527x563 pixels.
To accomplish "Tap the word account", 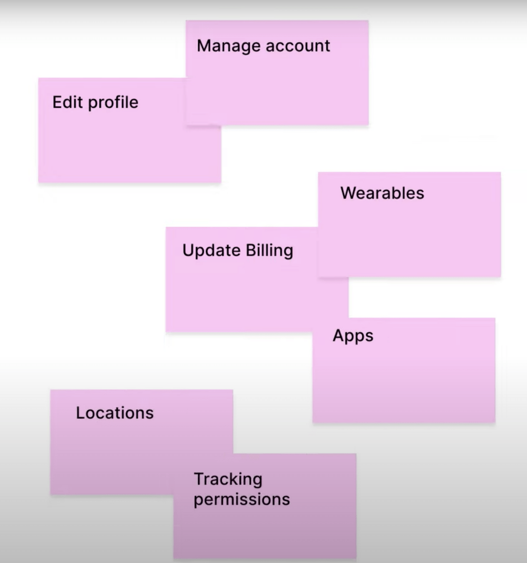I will pyautogui.click(x=298, y=46).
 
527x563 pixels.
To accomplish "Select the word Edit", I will pyautogui.click(x=67, y=102).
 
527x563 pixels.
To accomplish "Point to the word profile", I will pyautogui.click(x=113, y=103).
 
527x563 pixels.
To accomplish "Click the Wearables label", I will pyautogui.click(x=382, y=193).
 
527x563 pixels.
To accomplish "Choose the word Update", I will pyautogui.click(x=211, y=251).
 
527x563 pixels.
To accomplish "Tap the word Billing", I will pyautogui.click(x=270, y=251).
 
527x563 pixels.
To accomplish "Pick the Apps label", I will pyautogui.click(x=353, y=336).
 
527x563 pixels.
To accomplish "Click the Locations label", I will pyautogui.click(x=115, y=413).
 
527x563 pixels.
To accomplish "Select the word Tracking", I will pyautogui.click(x=228, y=480).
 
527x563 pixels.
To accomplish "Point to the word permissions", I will pyautogui.click(x=242, y=500).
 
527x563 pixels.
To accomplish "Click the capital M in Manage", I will pyautogui.click(x=203, y=46).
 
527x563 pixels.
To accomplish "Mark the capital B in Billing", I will pyautogui.click(x=250, y=250).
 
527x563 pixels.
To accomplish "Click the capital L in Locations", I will pyautogui.click(x=80, y=413).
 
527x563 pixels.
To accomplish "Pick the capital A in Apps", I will pyautogui.click(x=338, y=335).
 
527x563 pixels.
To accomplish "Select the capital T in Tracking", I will pyautogui.click(x=199, y=479).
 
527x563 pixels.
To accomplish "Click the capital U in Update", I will pyautogui.click(x=188, y=250).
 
